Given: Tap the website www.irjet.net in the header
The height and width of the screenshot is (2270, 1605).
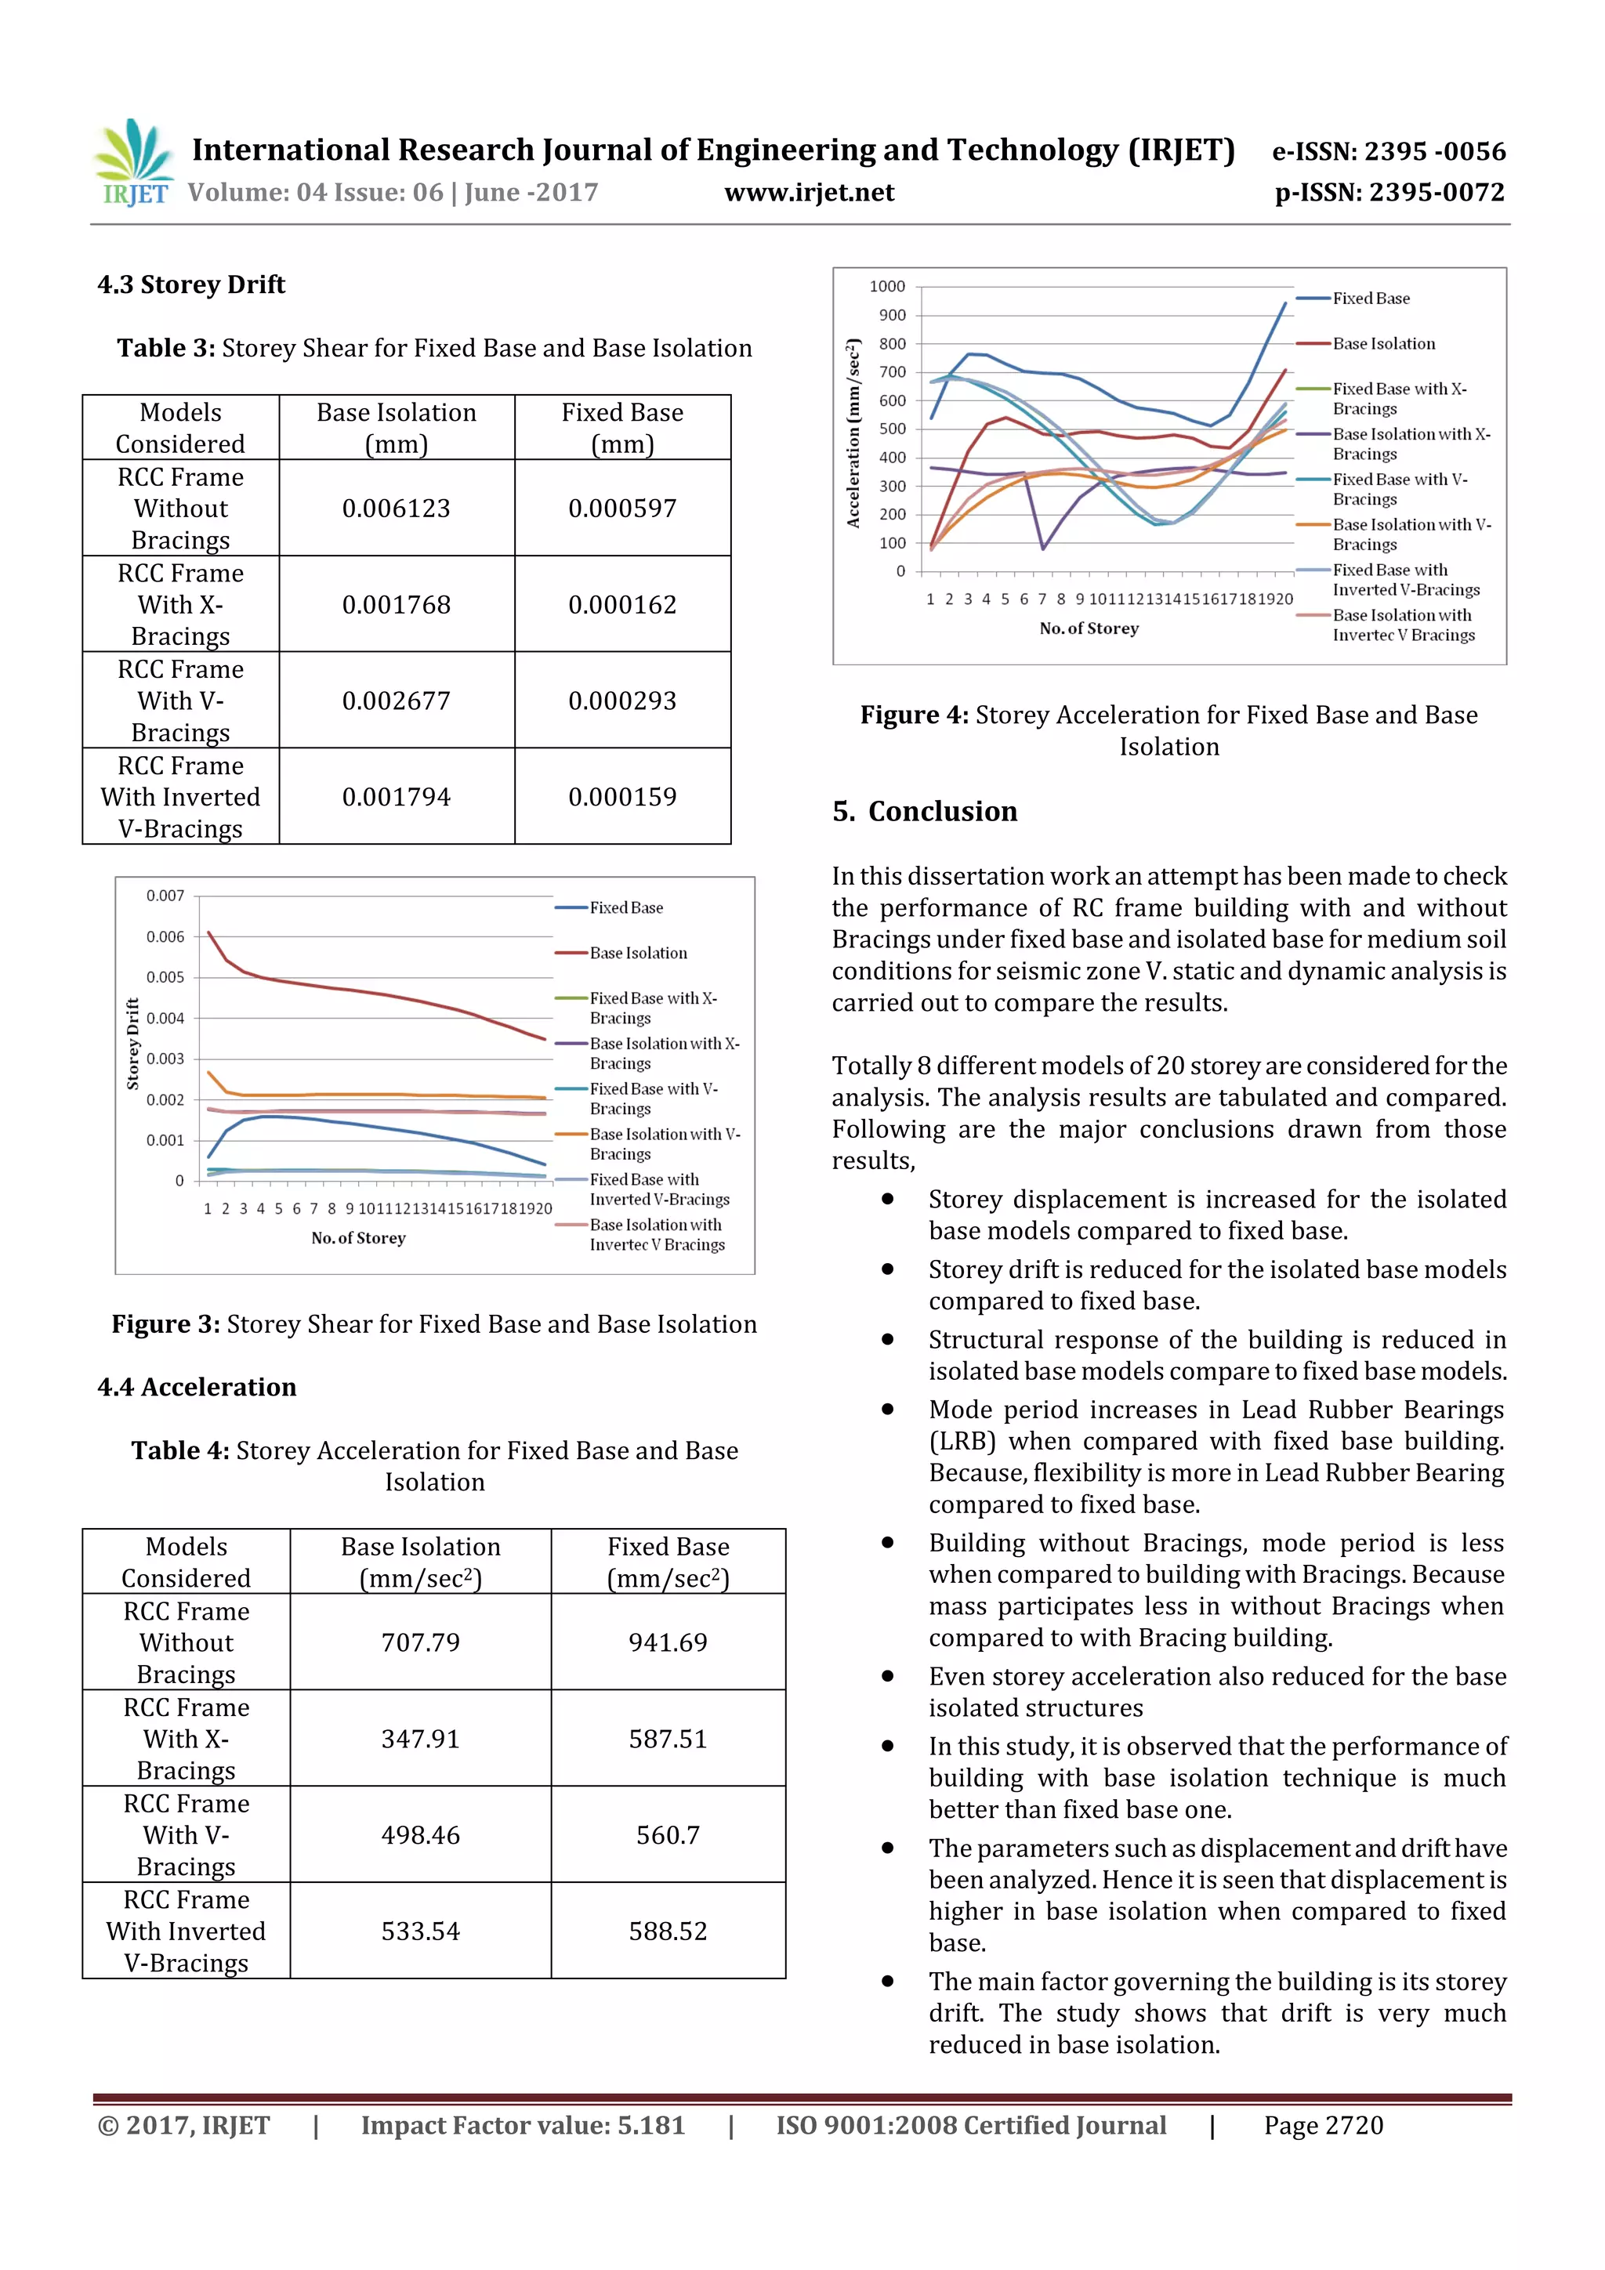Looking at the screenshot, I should (808, 193).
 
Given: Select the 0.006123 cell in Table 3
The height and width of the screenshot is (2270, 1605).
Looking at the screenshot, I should (396, 509).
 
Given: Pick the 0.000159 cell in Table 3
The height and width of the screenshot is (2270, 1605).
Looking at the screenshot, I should (622, 797).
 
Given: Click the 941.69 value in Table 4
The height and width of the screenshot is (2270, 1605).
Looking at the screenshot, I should (668, 1642).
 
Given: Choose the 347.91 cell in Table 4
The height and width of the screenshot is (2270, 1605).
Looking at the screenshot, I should (420, 1738).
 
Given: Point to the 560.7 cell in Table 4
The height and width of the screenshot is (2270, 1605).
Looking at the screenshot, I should (668, 1835).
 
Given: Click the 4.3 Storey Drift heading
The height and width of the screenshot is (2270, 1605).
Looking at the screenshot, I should (191, 284).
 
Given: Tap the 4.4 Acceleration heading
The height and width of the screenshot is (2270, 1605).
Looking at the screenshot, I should (197, 1387).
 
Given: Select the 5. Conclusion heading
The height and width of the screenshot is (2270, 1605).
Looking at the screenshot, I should (924, 812).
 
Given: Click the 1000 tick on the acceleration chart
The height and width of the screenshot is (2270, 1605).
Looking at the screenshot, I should (887, 287).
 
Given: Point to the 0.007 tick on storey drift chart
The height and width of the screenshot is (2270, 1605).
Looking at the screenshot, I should (165, 896).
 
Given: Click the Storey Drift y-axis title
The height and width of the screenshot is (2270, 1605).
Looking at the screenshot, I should (132, 1043).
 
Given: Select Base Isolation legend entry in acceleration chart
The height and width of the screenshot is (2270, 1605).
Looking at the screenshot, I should (1382, 344).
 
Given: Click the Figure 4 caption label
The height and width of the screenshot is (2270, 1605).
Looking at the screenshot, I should (913, 715).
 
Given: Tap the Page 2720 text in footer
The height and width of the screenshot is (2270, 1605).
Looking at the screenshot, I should (1322, 2126).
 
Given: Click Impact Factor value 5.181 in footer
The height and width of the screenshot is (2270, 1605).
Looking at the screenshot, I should (522, 2126).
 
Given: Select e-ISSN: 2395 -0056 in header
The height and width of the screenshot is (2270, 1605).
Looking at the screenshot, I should (1387, 152).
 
